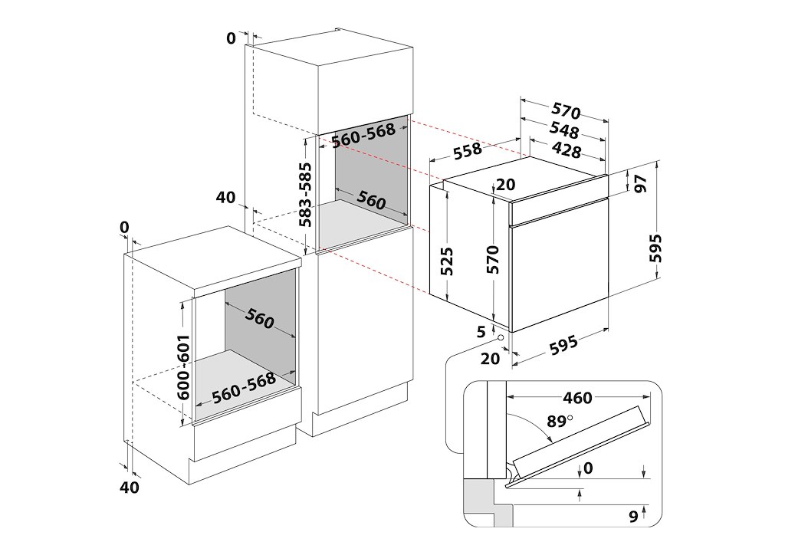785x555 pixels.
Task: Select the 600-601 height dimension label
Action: [183, 367]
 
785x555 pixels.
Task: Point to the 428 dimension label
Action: [567, 150]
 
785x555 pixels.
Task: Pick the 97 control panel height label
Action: [641, 183]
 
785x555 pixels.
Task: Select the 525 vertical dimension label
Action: [449, 261]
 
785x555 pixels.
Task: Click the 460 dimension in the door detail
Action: [577, 398]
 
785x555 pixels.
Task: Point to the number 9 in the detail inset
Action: [633, 517]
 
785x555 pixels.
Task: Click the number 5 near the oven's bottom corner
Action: [481, 331]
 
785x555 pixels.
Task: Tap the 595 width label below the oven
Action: [563, 344]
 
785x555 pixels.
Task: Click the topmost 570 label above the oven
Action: [564, 112]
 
